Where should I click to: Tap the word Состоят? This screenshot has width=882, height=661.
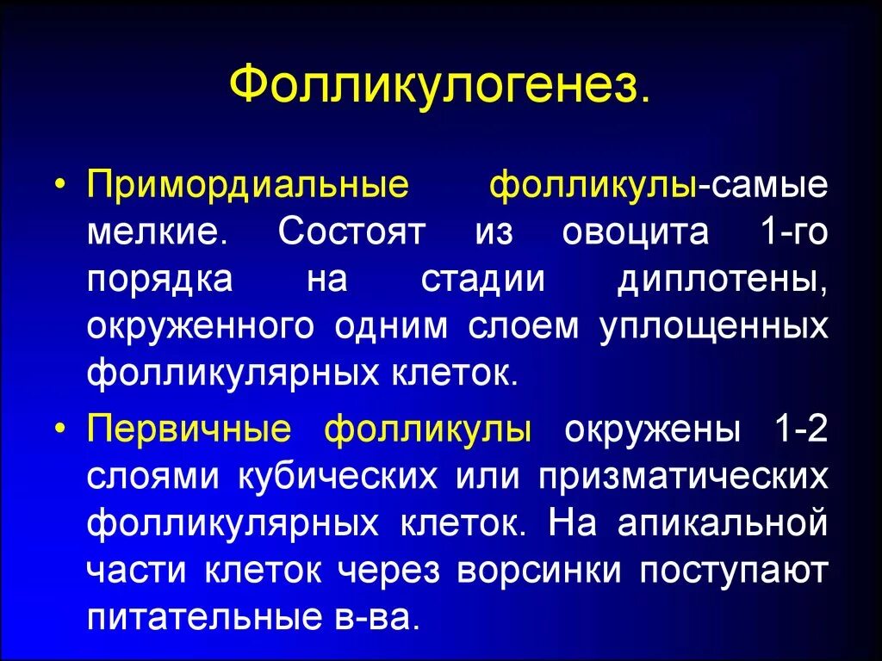point(351,234)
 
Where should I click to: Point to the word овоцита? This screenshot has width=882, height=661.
point(635,234)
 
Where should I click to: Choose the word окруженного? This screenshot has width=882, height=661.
point(201,328)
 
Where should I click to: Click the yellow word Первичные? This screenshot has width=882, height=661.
point(189,430)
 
